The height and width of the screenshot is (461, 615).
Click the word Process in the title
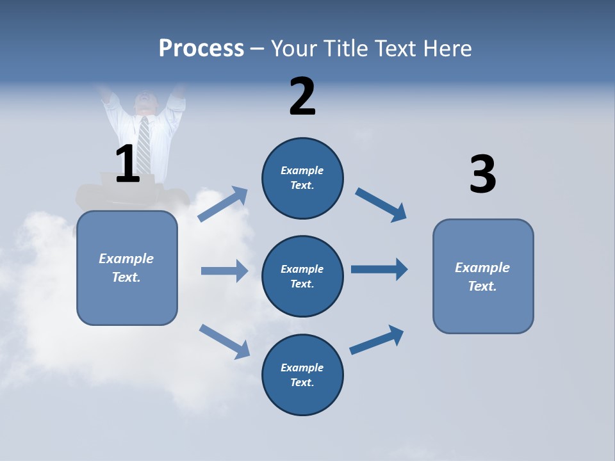click(x=201, y=49)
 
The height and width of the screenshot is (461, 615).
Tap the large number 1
click(x=127, y=164)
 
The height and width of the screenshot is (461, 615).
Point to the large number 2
click(x=302, y=97)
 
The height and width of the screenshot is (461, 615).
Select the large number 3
click(x=482, y=175)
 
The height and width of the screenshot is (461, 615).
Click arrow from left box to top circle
click(x=223, y=204)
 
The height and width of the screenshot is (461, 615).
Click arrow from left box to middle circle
click(x=224, y=271)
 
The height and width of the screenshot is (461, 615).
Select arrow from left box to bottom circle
click(x=224, y=341)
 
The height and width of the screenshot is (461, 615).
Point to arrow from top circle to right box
click(x=381, y=205)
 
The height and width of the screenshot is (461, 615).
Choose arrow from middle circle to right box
click(x=379, y=269)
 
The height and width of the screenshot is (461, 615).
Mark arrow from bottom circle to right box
click(x=377, y=340)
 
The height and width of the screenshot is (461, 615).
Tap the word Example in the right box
click(x=482, y=268)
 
